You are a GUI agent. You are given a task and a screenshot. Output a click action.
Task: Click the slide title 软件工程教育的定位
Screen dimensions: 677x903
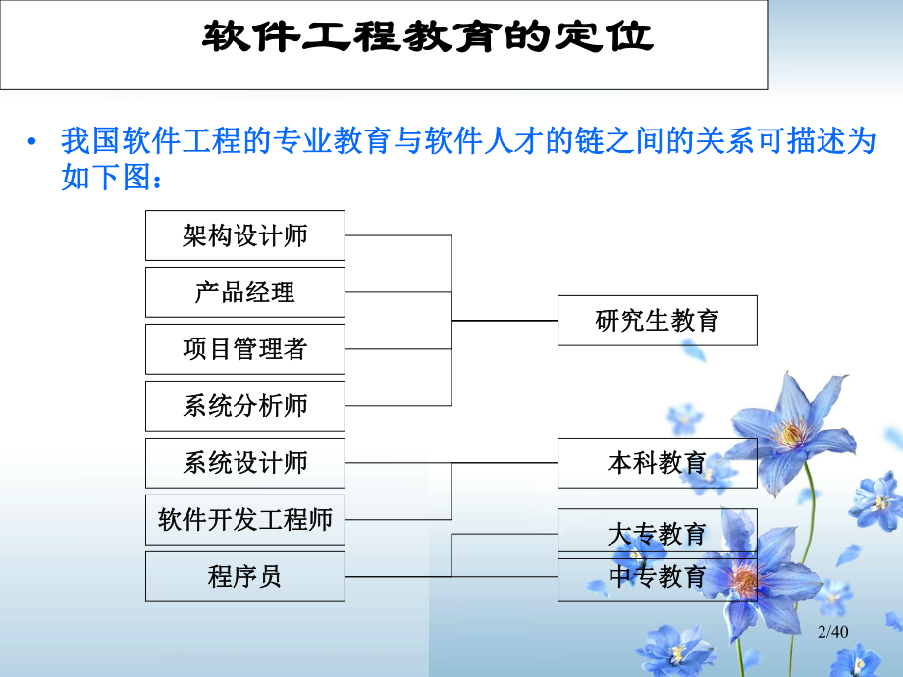tap(427, 37)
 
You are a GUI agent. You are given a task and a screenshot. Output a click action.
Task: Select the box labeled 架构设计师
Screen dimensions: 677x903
tap(245, 235)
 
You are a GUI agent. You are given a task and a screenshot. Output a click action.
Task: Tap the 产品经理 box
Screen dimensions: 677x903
tap(245, 292)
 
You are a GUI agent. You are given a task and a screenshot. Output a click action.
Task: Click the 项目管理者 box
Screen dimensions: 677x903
tap(245, 349)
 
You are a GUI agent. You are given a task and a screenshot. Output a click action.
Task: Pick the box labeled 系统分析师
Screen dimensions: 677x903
tap(245, 406)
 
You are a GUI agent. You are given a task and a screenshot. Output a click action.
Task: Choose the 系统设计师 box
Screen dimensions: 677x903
tap(245, 463)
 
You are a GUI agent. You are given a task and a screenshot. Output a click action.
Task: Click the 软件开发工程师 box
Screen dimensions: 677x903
tap(245, 520)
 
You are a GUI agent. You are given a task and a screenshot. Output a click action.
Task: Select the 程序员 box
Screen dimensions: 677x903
tap(245, 577)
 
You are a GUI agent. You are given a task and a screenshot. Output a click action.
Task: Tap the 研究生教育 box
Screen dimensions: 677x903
tap(657, 321)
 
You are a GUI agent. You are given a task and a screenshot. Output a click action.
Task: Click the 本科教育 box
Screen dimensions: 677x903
tap(657, 463)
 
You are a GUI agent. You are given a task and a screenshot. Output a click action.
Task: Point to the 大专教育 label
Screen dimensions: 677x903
tap(657, 535)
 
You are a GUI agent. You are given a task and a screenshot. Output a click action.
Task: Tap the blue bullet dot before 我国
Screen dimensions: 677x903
tap(35, 143)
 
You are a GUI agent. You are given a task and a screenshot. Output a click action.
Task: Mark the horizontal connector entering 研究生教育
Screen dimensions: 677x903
tap(505, 321)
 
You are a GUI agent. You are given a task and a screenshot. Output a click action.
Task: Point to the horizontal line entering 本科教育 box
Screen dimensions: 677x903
tap(505, 463)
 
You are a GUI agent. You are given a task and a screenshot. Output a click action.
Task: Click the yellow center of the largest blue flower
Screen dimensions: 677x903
tap(790, 433)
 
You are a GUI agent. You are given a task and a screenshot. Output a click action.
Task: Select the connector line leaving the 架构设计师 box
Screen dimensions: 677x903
tap(398, 235)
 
